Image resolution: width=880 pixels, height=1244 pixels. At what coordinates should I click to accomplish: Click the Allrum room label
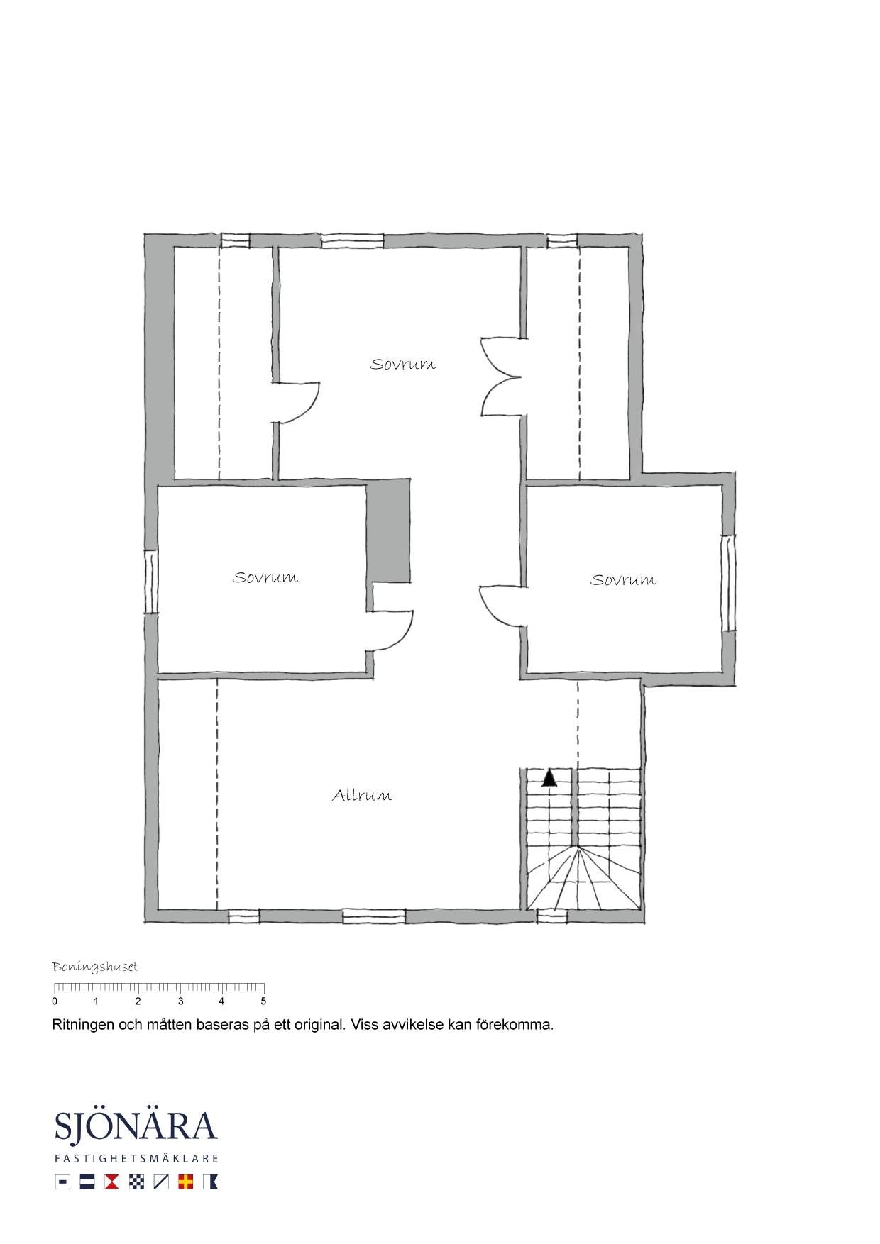click(x=362, y=795)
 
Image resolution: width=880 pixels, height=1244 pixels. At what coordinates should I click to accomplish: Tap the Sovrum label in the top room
click(x=402, y=364)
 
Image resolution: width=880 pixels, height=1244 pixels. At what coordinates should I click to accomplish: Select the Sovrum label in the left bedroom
click(x=265, y=577)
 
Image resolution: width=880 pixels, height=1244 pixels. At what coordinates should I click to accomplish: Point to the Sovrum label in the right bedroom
click(x=623, y=579)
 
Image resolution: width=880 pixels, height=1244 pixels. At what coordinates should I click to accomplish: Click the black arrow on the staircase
click(x=549, y=778)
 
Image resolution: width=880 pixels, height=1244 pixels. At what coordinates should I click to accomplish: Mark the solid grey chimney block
click(x=389, y=531)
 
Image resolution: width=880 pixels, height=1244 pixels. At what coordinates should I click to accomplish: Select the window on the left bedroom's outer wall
click(x=150, y=582)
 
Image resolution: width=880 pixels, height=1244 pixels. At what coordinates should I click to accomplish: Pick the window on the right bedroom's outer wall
click(x=729, y=583)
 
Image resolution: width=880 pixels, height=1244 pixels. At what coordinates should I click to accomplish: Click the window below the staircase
click(x=551, y=917)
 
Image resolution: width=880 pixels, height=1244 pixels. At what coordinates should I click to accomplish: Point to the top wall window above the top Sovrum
click(x=353, y=241)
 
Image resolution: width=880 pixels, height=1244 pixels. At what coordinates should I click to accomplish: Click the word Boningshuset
click(x=95, y=967)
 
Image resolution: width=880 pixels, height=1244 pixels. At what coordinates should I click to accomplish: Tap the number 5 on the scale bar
click(x=263, y=1001)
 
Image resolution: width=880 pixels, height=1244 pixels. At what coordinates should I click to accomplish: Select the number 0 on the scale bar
click(x=55, y=1001)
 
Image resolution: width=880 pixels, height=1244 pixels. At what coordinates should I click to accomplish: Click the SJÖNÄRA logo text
click(x=136, y=1127)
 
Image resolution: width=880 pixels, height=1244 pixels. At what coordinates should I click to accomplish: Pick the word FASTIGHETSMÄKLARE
click(x=136, y=1159)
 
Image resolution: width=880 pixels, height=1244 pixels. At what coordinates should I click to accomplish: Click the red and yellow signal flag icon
click(x=186, y=1182)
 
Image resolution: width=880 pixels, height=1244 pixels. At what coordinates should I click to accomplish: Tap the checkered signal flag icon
click(x=136, y=1182)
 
